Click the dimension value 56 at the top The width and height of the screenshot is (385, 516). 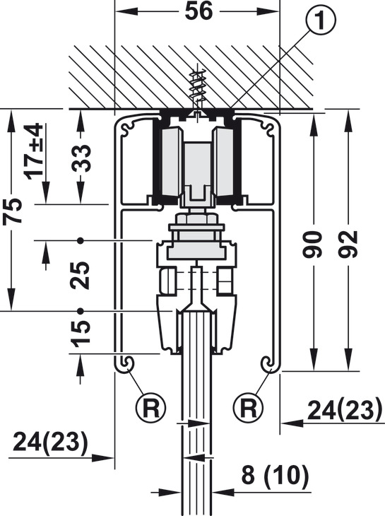tap(199, 11)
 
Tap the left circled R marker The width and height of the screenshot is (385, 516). tap(151, 407)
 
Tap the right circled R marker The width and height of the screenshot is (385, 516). tap(248, 407)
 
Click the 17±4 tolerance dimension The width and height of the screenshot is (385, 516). tap(35, 151)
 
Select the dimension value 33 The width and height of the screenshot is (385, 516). tap(81, 158)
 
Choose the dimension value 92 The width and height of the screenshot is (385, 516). tap(349, 244)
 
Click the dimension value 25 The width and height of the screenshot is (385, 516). tap(81, 276)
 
